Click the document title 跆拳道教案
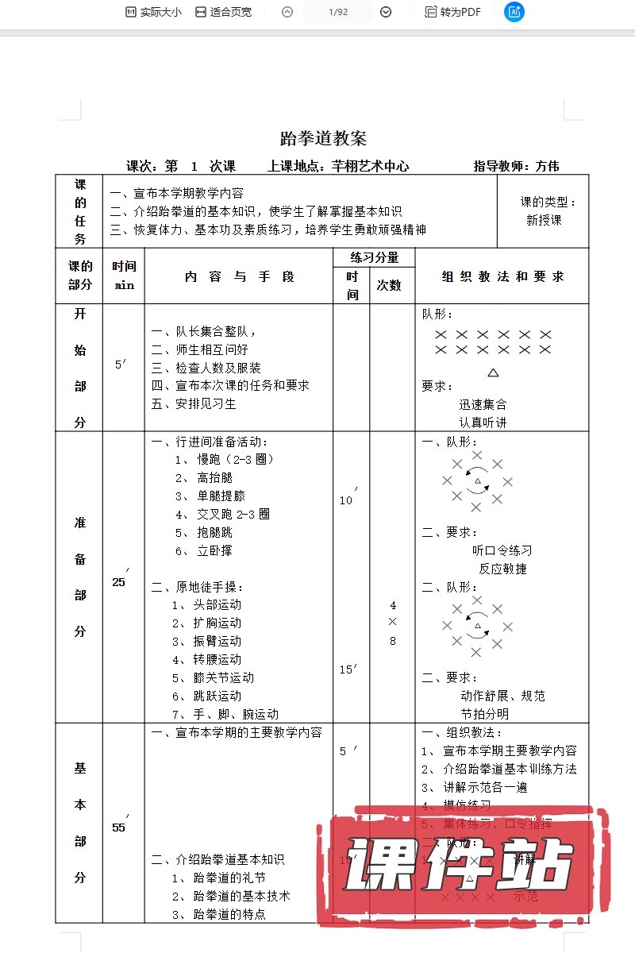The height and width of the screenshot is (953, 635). click(x=323, y=138)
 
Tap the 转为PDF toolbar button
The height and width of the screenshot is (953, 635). click(x=453, y=12)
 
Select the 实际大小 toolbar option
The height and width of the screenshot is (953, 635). click(x=153, y=12)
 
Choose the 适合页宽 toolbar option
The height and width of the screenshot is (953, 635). click(x=223, y=12)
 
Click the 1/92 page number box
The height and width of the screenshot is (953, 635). click(x=337, y=12)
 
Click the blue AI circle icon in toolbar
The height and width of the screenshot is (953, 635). click(x=514, y=12)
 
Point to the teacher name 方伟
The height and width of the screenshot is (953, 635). click(x=547, y=166)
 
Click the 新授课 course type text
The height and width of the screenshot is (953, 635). click(x=544, y=220)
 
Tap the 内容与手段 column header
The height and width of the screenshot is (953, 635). click(x=239, y=276)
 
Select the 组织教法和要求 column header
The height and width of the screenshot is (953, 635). click(x=502, y=276)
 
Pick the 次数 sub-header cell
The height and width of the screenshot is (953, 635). click(x=389, y=286)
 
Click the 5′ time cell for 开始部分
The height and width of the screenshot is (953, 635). click(x=121, y=365)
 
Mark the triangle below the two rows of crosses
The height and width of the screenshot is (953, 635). click(x=493, y=372)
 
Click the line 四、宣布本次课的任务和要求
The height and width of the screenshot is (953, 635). click(x=230, y=385)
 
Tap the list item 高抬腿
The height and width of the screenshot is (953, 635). click(x=214, y=477)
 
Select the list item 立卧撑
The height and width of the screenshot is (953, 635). click(x=214, y=550)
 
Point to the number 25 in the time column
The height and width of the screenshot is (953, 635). click(x=119, y=582)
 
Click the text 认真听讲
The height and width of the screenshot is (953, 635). click(x=483, y=422)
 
